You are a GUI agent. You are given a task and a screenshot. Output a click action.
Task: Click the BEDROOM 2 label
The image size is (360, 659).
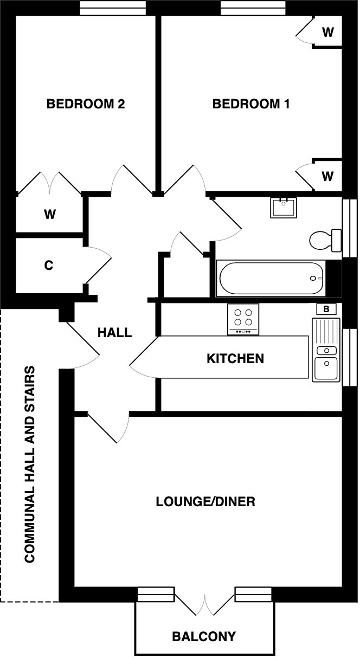coord(86,104)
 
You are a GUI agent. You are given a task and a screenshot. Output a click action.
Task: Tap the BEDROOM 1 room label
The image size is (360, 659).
coord(250,104)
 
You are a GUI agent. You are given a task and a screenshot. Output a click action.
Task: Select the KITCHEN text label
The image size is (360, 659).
coord(235,358)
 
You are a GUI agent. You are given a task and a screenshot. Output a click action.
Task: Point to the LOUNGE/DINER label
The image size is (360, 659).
coord(205,501)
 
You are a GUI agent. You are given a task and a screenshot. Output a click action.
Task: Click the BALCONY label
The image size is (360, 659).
coord(204,636)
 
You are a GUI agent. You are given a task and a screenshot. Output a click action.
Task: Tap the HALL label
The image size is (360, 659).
coord(114,332)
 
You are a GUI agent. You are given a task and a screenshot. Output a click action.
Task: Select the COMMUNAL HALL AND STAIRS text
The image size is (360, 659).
coord(30,465)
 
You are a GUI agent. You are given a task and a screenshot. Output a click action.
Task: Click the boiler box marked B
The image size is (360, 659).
coord(326,309)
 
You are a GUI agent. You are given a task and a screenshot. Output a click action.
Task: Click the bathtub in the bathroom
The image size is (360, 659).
coord(271,279)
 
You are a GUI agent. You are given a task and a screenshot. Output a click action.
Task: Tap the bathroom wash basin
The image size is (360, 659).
coord(284,208)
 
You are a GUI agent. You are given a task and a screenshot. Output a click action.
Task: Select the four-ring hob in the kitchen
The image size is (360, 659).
coord(243,319)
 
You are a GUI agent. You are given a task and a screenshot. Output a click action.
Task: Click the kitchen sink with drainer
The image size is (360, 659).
coord(325,350)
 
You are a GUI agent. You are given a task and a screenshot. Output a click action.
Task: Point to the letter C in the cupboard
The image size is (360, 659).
coord(48,266)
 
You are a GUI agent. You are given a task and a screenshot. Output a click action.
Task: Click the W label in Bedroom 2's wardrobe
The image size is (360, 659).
coord(50,215)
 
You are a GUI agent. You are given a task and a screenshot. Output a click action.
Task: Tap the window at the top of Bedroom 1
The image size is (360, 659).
coord(253,8)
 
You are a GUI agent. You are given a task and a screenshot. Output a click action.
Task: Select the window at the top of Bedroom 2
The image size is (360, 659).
coord(113,8)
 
